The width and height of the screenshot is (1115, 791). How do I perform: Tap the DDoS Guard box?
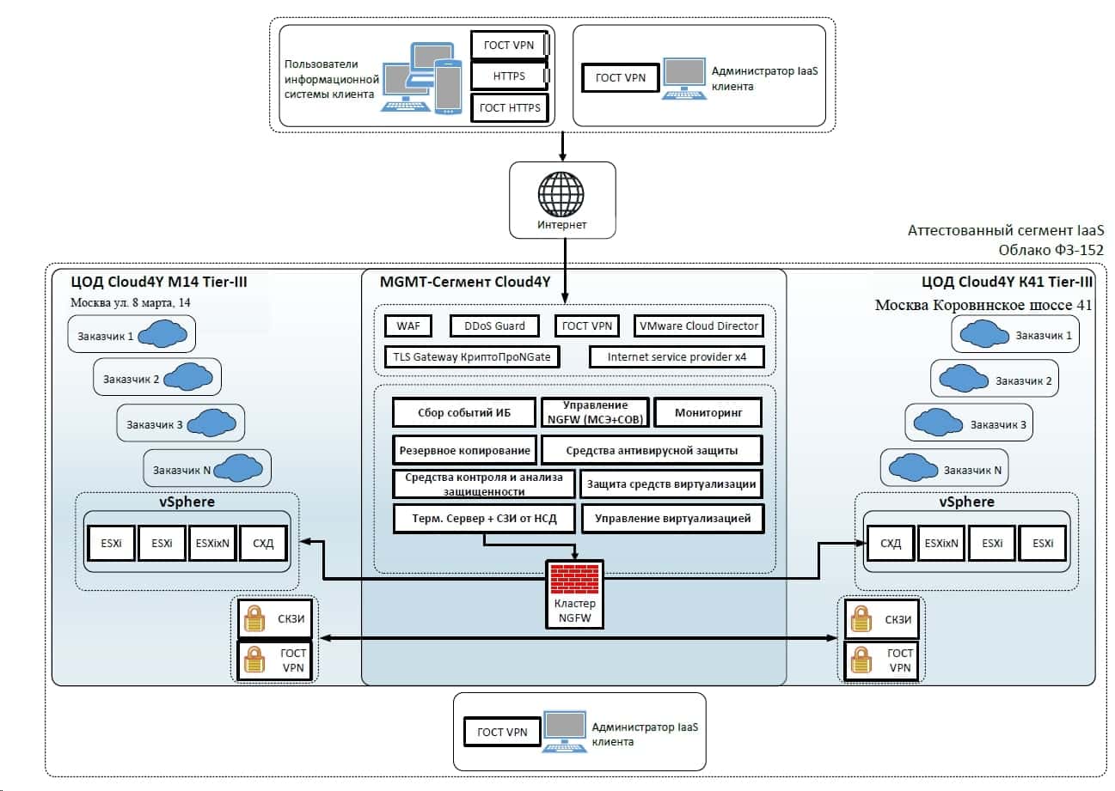499,326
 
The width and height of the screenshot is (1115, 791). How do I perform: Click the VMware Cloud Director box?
698,326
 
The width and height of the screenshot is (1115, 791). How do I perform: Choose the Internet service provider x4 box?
676,356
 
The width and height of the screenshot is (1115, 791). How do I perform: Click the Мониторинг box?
708,412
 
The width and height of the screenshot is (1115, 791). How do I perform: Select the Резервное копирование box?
465,449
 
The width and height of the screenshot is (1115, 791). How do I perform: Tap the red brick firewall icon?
574,580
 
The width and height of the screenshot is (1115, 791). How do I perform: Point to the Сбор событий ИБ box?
464,412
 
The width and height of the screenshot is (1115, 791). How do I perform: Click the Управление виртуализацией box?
672,518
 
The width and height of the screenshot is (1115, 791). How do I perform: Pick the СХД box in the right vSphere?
891,543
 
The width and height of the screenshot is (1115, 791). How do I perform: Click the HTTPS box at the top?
509,76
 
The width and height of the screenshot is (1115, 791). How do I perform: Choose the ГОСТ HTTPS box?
510,107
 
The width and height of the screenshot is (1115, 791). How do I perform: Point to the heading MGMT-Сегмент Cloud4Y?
471,282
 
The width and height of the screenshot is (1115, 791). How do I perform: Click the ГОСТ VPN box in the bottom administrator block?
503,732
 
